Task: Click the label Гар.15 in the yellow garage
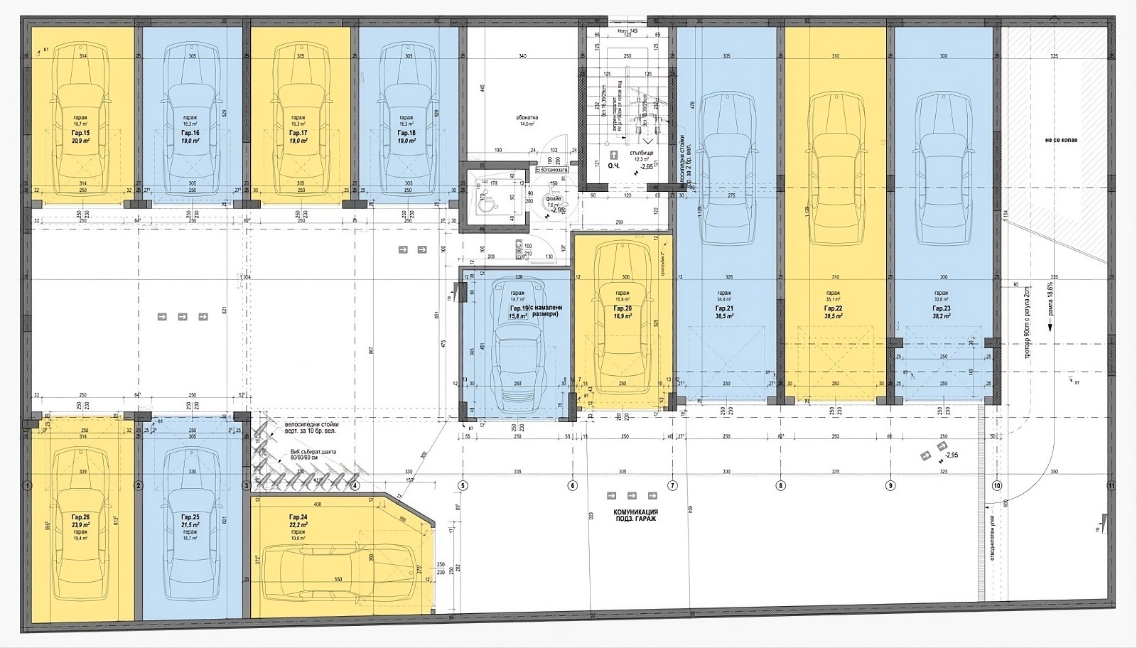80,133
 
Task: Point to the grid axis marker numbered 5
463,486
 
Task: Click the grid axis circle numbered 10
997,486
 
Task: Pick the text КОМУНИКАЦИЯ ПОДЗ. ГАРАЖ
635,515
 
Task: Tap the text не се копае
1061,140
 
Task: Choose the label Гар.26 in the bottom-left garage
80,517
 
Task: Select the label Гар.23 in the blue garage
941,309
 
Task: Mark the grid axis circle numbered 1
27,486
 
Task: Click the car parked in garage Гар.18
406,121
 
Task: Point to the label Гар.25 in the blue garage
190,517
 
